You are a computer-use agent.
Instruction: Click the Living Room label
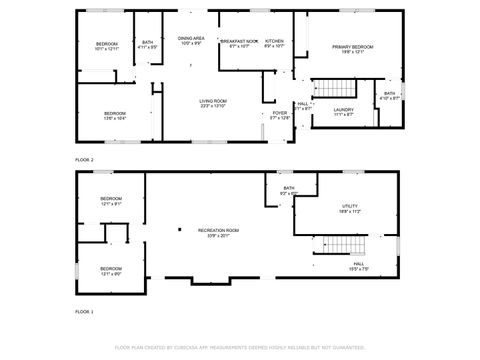213,103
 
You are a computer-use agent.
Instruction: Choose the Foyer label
280,115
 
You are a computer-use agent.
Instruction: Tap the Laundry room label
344,111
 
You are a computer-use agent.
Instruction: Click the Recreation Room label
217,232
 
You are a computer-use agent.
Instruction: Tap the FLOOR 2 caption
84,160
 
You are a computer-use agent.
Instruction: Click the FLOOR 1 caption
84,312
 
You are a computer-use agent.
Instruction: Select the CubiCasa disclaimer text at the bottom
239,348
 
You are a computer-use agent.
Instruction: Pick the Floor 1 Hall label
358,267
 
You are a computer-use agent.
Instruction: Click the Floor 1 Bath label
288,190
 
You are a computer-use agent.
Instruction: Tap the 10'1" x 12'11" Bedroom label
107,46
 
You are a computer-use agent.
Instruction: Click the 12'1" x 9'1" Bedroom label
111,202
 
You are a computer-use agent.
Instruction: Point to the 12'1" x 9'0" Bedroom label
111,270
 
